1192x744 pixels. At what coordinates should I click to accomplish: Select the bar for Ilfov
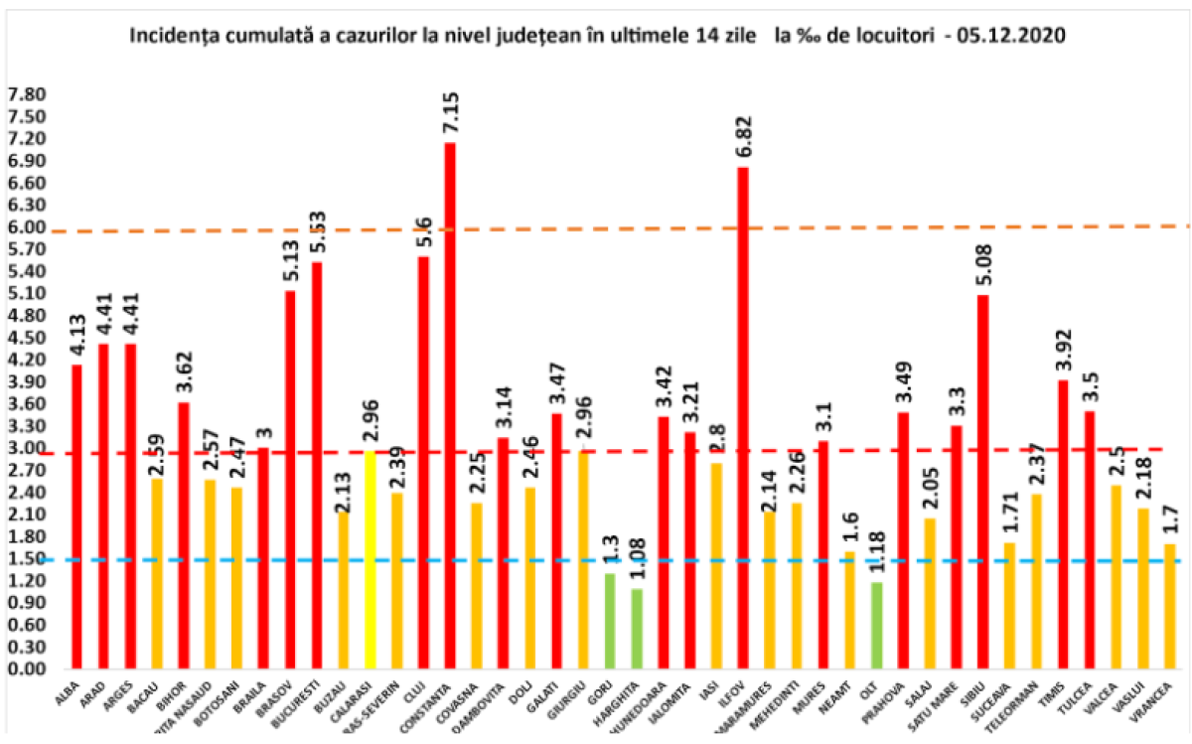(x=742, y=417)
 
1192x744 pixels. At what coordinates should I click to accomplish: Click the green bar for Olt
(x=875, y=625)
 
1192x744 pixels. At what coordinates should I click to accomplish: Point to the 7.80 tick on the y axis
(x=27, y=95)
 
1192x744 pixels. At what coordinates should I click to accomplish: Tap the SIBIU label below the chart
(x=974, y=692)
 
